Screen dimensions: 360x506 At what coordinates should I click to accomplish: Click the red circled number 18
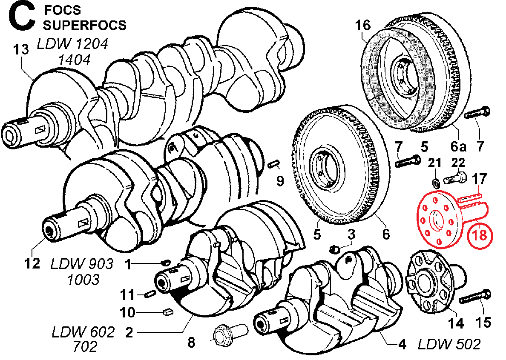[x=480, y=235]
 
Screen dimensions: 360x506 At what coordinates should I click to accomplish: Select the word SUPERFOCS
[x=85, y=25]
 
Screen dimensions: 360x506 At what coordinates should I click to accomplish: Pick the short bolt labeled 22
[x=455, y=179]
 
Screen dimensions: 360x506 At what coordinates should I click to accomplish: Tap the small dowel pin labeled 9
[x=274, y=163]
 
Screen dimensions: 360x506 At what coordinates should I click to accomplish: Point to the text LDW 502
[x=449, y=343]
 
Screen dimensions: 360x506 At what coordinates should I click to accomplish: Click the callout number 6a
[x=459, y=147]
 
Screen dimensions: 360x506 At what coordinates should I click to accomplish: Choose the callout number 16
[x=363, y=25]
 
